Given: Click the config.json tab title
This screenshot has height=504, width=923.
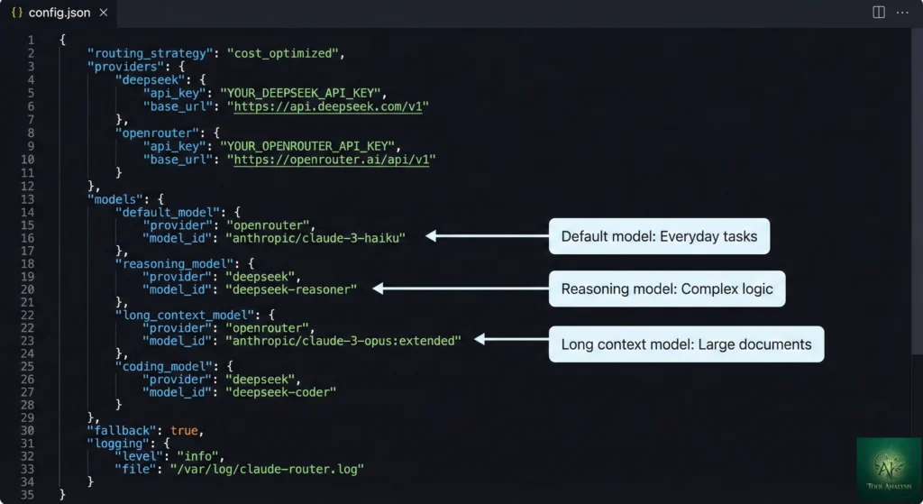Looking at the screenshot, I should [x=59, y=13].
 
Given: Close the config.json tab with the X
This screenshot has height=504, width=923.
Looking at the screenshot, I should [x=103, y=13].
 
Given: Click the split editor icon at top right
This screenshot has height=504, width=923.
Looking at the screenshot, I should [x=879, y=13].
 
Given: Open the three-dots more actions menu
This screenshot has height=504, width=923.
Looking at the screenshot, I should [x=903, y=13].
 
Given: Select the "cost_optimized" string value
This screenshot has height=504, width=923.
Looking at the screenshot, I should [x=285, y=53].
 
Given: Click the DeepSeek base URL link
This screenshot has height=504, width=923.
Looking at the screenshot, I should [x=331, y=106].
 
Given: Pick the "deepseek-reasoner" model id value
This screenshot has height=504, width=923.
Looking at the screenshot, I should [x=291, y=289].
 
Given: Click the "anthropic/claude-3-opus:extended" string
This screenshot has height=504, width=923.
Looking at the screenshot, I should [x=343, y=341].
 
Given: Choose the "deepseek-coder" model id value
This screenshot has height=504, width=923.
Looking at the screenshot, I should [x=280, y=393].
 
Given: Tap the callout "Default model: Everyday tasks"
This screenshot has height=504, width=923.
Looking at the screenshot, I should [x=659, y=236].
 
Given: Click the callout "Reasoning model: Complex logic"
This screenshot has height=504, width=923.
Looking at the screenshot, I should [x=667, y=289].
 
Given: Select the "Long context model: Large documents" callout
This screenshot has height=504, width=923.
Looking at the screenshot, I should [x=686, y=344].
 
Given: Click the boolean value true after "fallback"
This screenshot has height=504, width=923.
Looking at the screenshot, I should [x=184, y=431].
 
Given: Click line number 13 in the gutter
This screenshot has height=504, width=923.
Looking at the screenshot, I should [x=28, y=198].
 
